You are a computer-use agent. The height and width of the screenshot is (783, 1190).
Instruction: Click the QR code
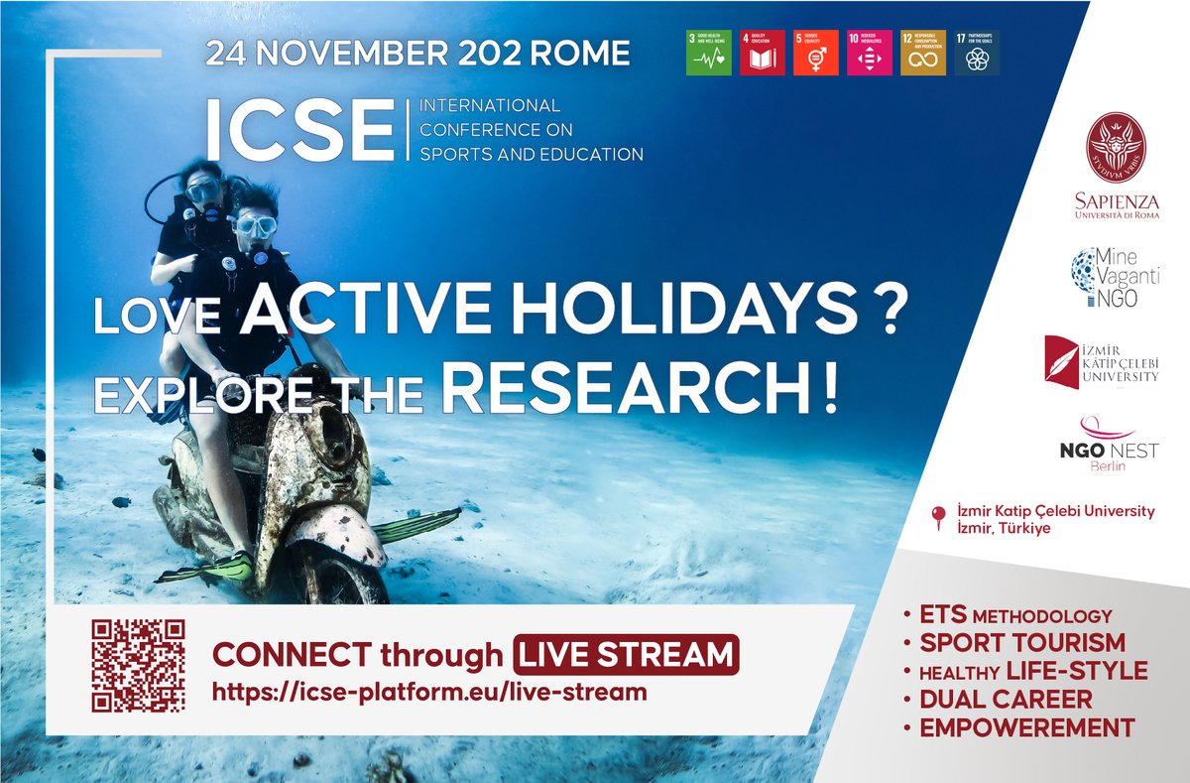click(x=138, y=665)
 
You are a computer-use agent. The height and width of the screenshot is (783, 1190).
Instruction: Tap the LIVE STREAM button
click(x=627, y=655)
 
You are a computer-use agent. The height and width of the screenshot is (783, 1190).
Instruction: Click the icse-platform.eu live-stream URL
click(x=429, y=692)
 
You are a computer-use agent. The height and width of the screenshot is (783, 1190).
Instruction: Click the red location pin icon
click(x=938, y=517)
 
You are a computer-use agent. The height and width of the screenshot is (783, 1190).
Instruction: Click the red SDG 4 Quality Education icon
click(x=763, y=53)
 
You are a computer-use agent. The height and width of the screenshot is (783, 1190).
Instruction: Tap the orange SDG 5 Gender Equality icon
click(x=816, y=53)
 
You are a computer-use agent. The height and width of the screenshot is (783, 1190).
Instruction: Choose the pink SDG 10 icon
click(x=870, y=53)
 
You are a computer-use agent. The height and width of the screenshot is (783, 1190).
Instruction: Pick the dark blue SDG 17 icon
click(x=977, y=53)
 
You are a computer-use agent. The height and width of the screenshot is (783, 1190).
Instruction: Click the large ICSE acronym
click(x=299, y=130)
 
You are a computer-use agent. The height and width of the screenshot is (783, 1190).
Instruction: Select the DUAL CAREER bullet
click(x=1006, y=700)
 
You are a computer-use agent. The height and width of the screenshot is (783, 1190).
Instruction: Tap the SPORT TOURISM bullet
click(x=1022, y=642)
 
